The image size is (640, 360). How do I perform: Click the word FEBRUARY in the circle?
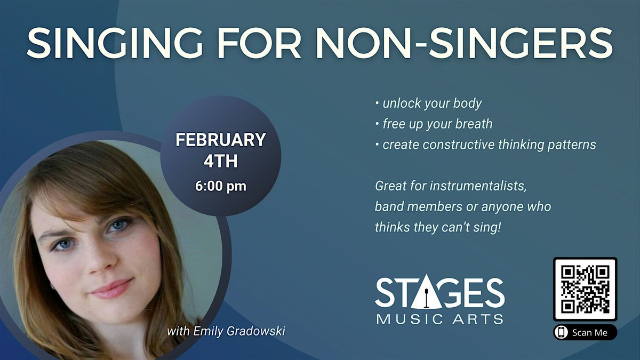pyautogui.click(x=221, y=140)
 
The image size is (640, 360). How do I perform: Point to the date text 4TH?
pyautogui.click(x=221, y=161)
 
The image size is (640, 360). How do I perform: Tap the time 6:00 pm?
pyautogui.click(x=221, y=187)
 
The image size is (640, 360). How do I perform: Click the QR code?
pyautogui.click(x=585, y=289)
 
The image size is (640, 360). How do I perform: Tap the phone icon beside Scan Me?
pyautogui.click(x=561, y=332)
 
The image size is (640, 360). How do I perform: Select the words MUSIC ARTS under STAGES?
pyautogui.click(x=439, y=319)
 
